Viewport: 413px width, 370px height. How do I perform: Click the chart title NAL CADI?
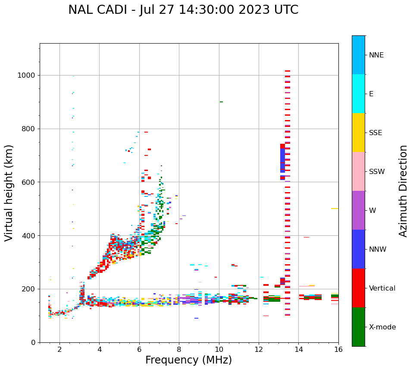(183, 10)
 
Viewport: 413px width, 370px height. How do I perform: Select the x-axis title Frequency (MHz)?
(188, 360)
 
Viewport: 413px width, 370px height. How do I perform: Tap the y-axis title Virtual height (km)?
(9, 193)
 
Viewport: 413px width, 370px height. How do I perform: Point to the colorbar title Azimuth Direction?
(403, 191)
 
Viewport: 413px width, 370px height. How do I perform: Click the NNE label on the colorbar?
(376, 55)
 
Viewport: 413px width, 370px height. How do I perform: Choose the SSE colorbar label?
(375, 133)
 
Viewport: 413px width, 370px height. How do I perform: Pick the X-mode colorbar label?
(382, 327)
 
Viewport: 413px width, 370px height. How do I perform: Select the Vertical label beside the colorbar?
(382, 288)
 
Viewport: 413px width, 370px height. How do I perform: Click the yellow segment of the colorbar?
(358, 133)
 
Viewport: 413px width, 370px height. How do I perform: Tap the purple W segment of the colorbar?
(358, 210)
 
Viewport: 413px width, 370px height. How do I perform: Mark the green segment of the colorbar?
(358, 327)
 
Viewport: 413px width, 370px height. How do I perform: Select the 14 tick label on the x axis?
(299, 349)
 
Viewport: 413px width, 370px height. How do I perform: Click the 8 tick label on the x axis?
(179, 349)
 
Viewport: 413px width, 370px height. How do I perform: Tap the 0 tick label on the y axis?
(34, 342)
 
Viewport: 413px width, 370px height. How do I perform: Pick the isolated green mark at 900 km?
(221, 102)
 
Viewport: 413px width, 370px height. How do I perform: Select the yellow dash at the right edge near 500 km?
(335, 209)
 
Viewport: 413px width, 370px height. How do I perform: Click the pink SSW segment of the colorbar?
(358, 171)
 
